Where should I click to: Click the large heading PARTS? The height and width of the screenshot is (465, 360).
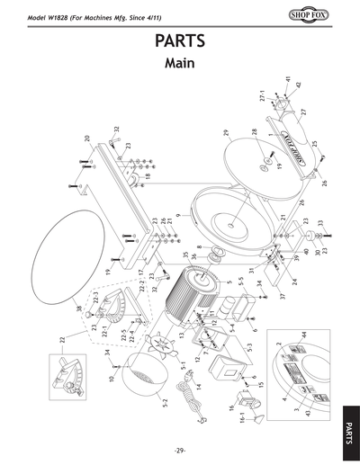(x=180, y=43)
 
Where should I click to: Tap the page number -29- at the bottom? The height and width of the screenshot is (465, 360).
(x=180, y=450)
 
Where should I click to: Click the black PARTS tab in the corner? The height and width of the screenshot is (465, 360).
(x=348, y=424)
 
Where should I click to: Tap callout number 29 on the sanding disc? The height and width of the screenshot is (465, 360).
(x=226, y=133)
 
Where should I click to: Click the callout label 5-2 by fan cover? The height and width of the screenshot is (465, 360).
(x=164, y=397)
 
